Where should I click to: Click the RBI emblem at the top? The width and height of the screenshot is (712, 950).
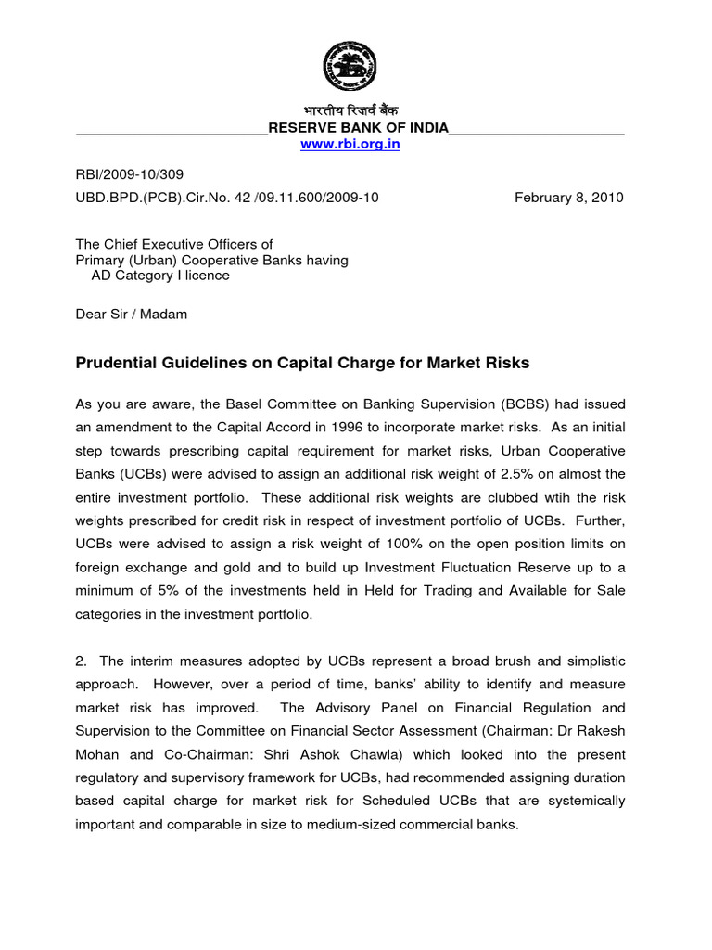(x=350, y=66)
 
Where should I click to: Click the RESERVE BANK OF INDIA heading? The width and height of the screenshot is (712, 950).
(x=358, y=128)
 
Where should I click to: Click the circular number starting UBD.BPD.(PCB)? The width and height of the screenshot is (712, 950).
(x=226, y=197)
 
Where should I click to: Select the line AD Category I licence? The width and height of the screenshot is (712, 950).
(x=159, y=276)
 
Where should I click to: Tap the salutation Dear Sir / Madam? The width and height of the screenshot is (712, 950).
(x=131, y=314)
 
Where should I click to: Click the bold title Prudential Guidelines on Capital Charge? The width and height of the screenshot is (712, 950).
(x=301, y=363)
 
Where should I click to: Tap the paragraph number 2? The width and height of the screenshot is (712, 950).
(x=81, y=661)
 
